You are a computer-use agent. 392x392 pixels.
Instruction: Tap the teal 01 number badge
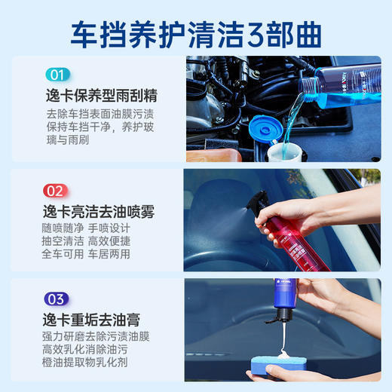[57, 75]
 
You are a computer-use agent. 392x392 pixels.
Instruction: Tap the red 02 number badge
[57, 190]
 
